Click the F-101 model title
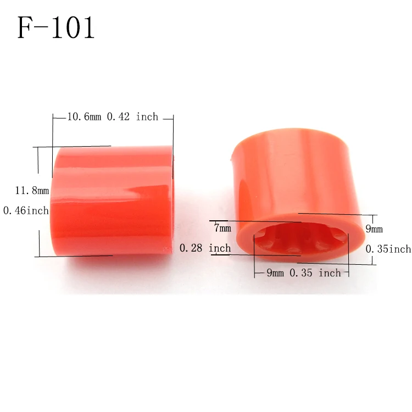(55, 27)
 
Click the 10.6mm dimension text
(84, 116)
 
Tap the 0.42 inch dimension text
(132, 116)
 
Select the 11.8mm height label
(32, 191)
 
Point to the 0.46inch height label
(26, 210)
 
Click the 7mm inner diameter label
(222, 227)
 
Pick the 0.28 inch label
(205, 248)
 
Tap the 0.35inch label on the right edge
(388, 249)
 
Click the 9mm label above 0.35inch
(374, 229)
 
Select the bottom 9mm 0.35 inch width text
(303, 272)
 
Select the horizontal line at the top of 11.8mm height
(71, 147)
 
